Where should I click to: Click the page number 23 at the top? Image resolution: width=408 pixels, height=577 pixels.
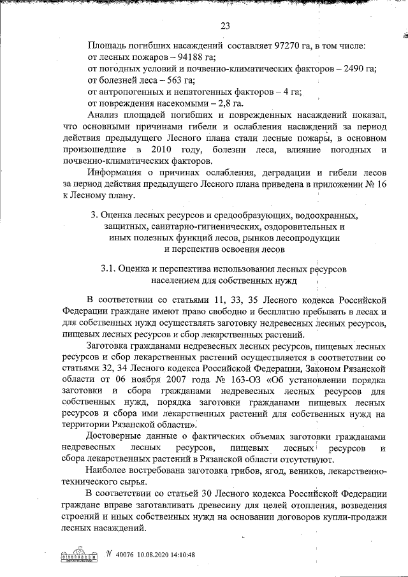tap(224, 26)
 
